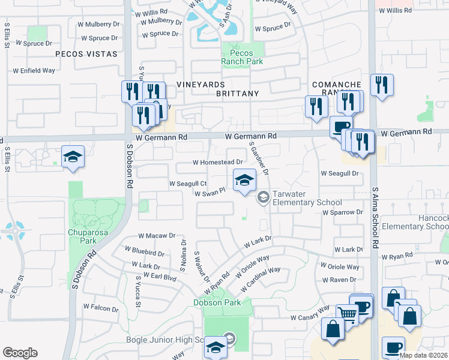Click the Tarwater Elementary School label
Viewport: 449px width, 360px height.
click(x=307, y=199)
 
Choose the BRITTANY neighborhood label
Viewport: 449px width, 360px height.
click(x=238, y=94)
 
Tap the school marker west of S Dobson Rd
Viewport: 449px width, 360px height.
click(x=73, y=157)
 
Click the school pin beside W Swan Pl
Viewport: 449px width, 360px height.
click(x=244, y=180)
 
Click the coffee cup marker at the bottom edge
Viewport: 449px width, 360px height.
click(x=393, y=347)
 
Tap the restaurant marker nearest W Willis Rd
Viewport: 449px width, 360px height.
click(x=381, y=85)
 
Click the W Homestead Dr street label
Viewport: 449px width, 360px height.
click(x=217, y=162)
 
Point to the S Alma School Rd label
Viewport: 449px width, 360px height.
click(x=376, y=216)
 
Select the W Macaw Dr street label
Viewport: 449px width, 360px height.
click(x=157, y=236)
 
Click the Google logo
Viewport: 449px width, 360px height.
click(x=20, y=352)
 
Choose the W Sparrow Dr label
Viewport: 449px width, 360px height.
click(x=343, y=212)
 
